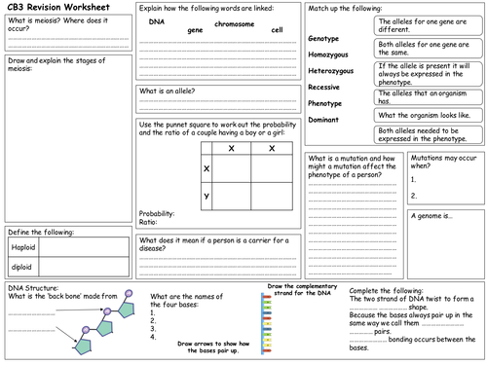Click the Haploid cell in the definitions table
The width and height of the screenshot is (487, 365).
click(23, 248)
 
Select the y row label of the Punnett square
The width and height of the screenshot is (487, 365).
click(206, 196)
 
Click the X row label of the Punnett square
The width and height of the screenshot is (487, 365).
click(206, 167)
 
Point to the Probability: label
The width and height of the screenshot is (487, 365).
click(157, 213)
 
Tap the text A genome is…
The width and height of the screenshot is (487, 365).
click(432, 217)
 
